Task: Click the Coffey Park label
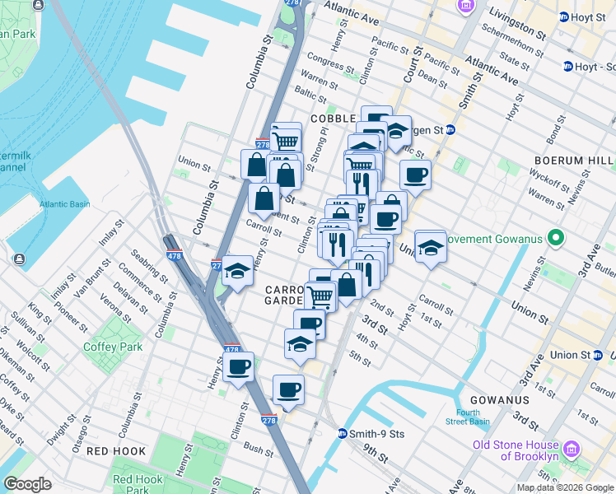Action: (x=112, y=347)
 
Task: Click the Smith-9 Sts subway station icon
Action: (x=343, y=433)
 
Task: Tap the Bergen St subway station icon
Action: (x=450, y=129)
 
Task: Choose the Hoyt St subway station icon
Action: (x=564, y=16)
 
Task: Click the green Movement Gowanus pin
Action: (x=557, y=240)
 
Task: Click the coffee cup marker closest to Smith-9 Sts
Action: (x=288, y=389)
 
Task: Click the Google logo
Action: (x=27, y=484)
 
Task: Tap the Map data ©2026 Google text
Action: (x=564, y=487)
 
